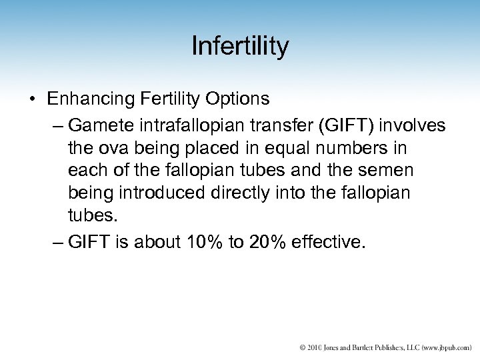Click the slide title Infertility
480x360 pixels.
click(x=240, y=47)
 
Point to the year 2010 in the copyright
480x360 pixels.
click(x=312, y=347)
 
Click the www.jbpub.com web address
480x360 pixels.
click(x=438, y=347)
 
